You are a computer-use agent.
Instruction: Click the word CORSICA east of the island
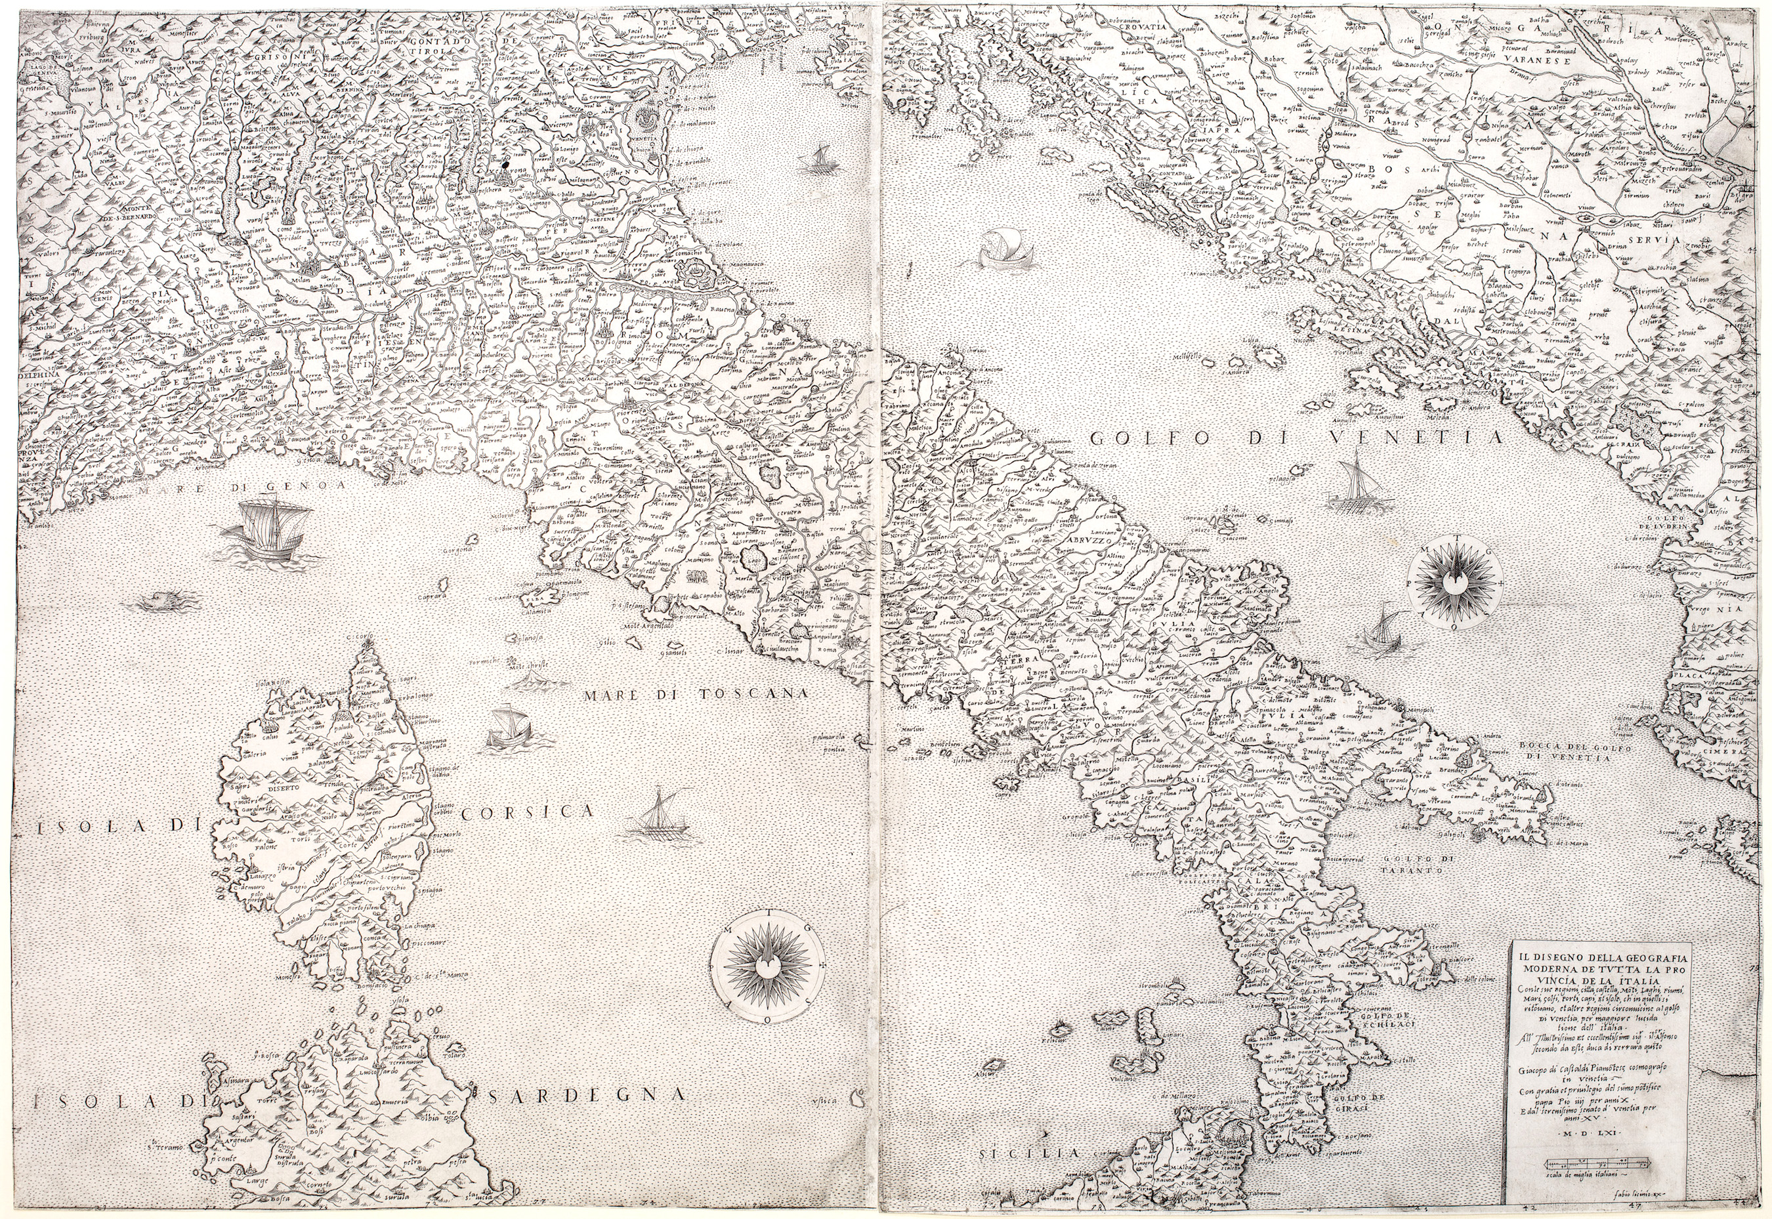coord(527,813)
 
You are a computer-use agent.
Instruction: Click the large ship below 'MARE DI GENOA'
coord(272,531)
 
